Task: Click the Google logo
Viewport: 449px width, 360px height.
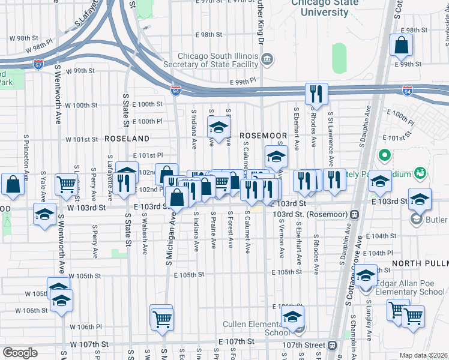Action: (20, 353)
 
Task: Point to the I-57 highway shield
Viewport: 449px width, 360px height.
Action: (38, 62)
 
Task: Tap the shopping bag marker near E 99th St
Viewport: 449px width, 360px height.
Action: (401, 46)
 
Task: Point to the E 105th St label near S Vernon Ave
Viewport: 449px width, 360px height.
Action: (285, 272)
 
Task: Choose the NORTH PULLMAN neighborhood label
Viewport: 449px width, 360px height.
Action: (420, 263)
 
